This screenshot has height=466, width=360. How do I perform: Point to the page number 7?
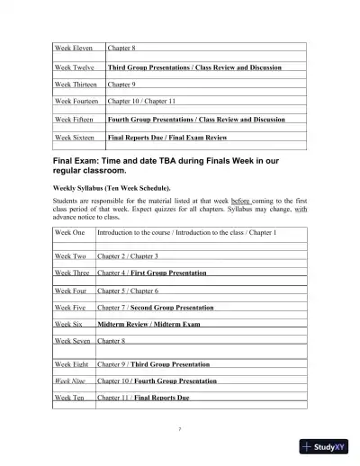[180, 429]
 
